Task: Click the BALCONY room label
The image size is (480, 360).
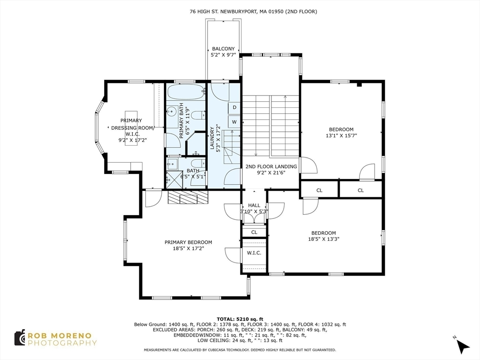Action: click(223, 49)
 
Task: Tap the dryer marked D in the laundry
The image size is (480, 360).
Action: click(234, 107)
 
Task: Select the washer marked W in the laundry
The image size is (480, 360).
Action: click(234, 122)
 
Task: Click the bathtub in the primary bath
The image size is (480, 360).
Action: click(186, 91)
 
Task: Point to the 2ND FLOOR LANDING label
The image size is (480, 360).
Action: click(271, 166)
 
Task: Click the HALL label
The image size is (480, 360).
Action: click(254, 205)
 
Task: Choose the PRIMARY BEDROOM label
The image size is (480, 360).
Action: click(188, 242)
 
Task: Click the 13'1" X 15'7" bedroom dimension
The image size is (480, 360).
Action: click(341, 135)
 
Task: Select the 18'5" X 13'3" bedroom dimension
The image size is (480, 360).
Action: click(323, 239)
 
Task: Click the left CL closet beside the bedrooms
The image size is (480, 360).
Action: click(319, 190)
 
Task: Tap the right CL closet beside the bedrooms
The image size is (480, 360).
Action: click(360, 190)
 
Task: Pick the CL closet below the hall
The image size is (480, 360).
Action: click(254, 232)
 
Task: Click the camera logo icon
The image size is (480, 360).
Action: click(20, 337)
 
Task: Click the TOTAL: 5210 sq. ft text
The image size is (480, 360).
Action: click(240, 319)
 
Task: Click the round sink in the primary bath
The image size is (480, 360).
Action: click(172, 111)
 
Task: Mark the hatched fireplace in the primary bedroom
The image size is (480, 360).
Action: click(188, 197)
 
